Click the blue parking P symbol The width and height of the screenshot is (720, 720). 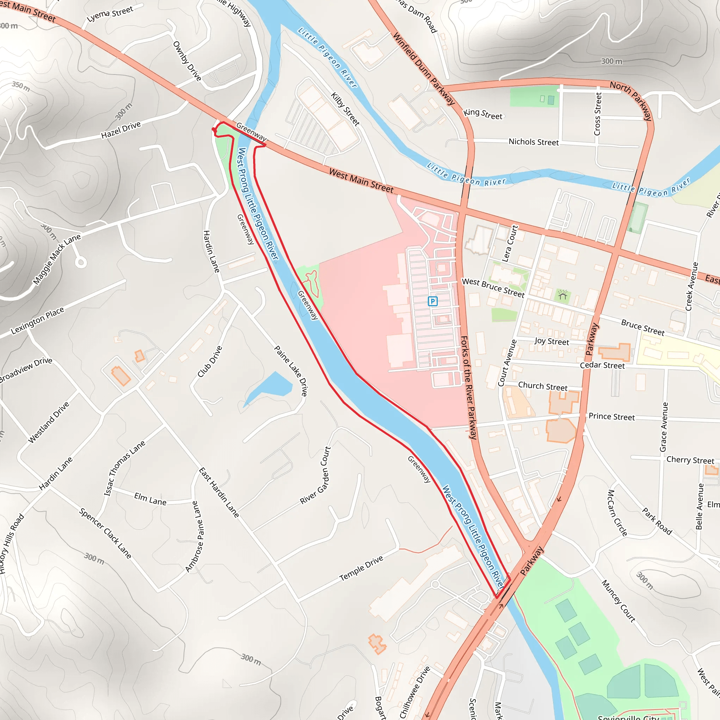click(432, 301)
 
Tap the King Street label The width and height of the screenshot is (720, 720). click(483, 114)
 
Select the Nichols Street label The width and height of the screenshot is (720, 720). click(534, 142)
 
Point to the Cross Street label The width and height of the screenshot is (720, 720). click(597, 114)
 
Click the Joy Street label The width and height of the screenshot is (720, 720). click(552, 341)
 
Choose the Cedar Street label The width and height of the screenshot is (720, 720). click(602, 366)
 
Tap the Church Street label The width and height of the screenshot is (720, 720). click(542, 386)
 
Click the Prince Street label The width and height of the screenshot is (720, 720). click(612, 417)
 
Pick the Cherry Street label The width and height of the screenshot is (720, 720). click(690, 460)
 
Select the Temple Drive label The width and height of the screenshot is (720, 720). click(361, 568)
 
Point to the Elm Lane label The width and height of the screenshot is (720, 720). click(150, 499)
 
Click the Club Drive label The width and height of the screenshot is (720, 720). click(210, 361)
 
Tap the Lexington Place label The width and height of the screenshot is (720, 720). click(37, 321)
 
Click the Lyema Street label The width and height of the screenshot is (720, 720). click(110, 14)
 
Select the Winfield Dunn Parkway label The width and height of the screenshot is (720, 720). click(424, 69)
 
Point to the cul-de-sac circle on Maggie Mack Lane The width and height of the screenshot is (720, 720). click(81, 262)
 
